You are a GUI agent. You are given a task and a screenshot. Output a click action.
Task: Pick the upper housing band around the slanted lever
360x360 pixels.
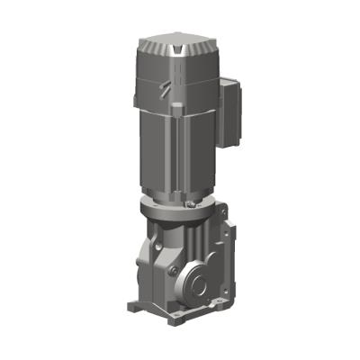175,90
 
